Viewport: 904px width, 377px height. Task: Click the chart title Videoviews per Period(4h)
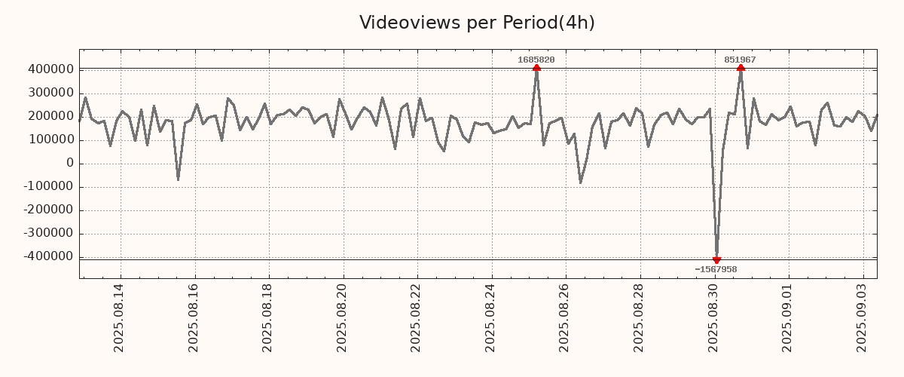477,23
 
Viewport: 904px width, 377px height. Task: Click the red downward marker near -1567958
716,260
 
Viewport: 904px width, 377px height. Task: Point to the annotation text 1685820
536,60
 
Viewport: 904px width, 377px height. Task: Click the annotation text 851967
740,60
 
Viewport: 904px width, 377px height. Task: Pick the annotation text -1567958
716,269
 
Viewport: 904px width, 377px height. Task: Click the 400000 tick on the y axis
50,69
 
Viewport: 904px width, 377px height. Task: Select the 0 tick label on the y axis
70,164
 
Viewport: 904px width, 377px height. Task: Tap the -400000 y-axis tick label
48,257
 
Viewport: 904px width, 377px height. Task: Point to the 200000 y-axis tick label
50,116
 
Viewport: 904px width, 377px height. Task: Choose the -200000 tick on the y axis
48,210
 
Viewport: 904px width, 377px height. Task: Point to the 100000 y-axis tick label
50,140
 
